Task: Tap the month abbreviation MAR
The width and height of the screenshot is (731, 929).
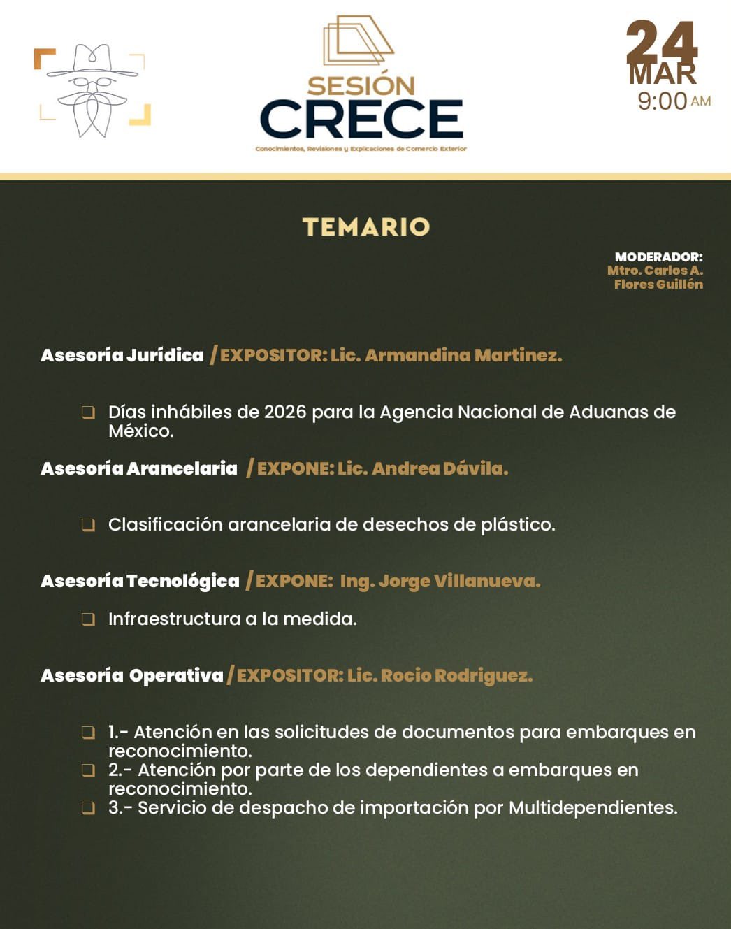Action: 662,74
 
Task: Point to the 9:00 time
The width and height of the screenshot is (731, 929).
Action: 662,101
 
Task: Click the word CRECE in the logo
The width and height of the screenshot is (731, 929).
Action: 361,119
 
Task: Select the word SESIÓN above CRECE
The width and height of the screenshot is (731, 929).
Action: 361,86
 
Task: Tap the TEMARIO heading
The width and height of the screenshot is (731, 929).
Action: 366,226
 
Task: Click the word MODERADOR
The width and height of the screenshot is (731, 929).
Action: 658,257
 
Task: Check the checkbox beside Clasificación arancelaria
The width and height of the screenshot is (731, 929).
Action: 88,525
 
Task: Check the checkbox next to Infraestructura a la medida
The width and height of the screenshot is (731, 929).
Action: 88,619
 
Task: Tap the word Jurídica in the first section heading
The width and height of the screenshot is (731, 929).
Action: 165,355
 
